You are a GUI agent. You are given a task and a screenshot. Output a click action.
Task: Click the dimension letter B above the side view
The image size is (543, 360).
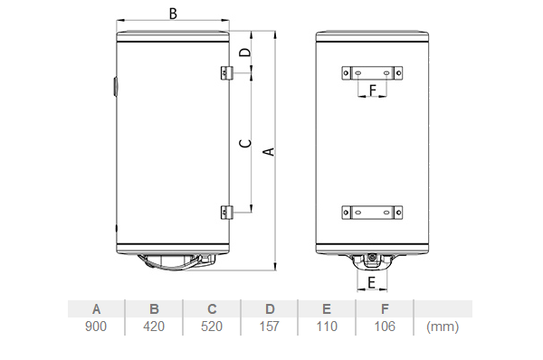pos(173,14)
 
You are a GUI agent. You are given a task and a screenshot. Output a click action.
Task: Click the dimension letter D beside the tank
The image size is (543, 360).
pos(245,52)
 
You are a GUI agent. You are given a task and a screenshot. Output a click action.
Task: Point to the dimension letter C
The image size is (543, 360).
pos(245,143)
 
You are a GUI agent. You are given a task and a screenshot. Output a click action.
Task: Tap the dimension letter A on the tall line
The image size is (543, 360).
pos(269,152)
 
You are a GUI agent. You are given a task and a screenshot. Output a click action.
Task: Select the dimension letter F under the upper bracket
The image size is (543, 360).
pos(373,90)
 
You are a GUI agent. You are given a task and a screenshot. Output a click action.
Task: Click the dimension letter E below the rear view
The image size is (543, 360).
pos(372,282)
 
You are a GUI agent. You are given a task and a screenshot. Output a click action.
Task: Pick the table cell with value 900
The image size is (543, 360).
pos(96,327)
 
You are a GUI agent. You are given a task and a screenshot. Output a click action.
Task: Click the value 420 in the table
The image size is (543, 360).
pos(154,327)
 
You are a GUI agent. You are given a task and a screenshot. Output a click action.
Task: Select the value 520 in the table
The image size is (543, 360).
pos(212,327)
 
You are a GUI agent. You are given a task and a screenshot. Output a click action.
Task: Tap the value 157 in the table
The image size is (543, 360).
pos(269,327)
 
